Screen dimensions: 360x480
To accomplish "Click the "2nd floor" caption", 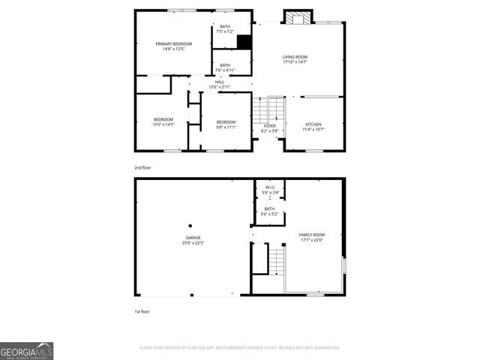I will point(142,167).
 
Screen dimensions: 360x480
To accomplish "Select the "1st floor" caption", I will point(142,310).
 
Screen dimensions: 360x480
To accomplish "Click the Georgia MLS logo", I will point(26,351).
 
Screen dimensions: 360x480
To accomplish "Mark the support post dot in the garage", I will point(190,225).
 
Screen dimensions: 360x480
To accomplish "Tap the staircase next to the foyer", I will point(269,110).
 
